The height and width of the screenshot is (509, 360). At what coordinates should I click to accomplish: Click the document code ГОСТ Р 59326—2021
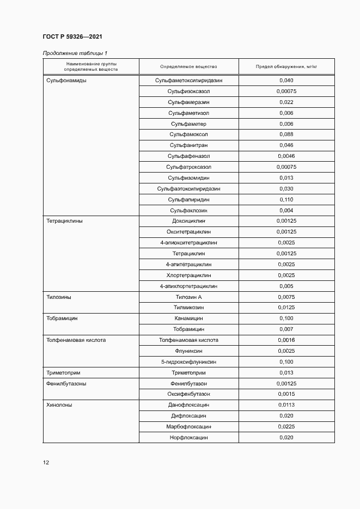click(x=72, y=37)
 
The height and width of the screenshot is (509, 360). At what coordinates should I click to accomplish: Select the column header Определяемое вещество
click(x=188, y=67)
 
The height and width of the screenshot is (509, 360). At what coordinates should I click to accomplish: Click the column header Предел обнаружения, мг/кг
click(x=286, y=67)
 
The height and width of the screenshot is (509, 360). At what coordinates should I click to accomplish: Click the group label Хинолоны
click(x=59, y=405)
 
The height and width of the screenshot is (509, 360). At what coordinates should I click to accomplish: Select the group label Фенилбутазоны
click(x=66, y=384)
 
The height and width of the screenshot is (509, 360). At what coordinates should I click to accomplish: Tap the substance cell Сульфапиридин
click(x=188, y=200)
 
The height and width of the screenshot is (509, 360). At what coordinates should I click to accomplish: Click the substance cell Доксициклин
click(x=188, y=222)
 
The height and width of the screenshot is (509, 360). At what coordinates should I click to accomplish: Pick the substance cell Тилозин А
click(x=188, y=297)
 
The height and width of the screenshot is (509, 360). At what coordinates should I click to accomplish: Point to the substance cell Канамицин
click(x=188, y=318)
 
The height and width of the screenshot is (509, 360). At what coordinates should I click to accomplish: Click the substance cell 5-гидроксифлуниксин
click(x=188, y=361)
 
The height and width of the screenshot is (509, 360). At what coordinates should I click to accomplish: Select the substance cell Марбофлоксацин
click(x=188, y=427)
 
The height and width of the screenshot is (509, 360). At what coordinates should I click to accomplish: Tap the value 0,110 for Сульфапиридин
click(x=286, y=200)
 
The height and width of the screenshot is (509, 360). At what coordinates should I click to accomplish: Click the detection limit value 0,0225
click(x=286, y=427)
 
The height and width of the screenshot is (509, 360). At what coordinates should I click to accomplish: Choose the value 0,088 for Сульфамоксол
click(x=286, y=134)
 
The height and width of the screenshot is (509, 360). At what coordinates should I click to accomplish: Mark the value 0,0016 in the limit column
click(x=286, y=340)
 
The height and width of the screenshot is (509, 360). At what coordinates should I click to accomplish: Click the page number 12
click(x=46, y=463)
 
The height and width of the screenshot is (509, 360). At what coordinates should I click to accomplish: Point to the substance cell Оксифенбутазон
click(x=188, y=394)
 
